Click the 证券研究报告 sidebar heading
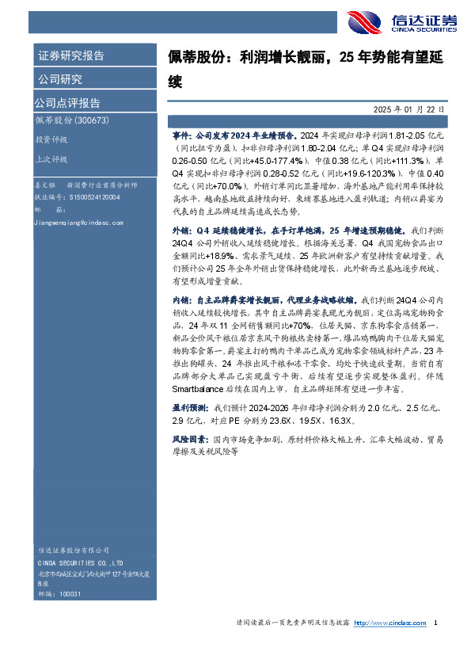point(70,56)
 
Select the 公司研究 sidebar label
point(59,79)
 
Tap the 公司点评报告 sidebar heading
point(67,103)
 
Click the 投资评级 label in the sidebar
point(51,139)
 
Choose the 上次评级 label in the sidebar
point(51,158)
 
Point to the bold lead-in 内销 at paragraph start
point(182,302)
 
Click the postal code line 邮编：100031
point(59,593)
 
